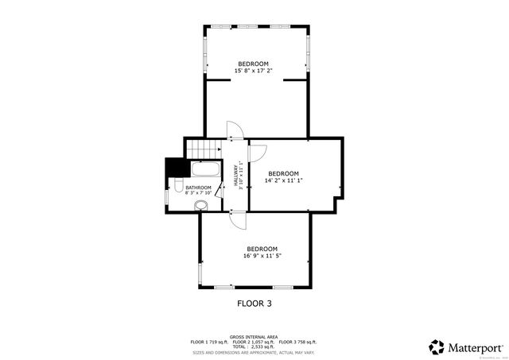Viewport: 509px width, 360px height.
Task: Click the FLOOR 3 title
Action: (255, 303)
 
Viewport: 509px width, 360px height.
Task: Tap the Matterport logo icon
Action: (437, 347)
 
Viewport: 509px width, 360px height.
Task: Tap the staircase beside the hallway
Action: (204, 148)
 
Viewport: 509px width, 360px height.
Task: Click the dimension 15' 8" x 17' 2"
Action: (253, 71)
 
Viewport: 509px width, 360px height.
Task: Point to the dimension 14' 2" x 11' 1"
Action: (283, 180)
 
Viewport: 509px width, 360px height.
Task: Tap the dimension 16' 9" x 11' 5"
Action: (262, 255)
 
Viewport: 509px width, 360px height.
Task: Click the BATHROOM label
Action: (198, 188)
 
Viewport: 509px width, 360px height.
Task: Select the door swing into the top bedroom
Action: (234, 130)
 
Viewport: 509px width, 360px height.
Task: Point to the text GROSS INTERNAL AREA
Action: (254, 336)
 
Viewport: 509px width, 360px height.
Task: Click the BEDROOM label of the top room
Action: (253, 64)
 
